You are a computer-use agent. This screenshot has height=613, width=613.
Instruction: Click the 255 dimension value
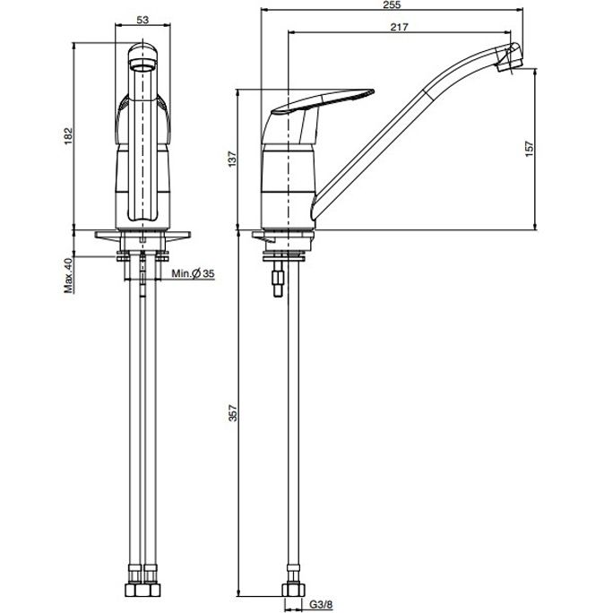pyautogui.click(x=392, y=4)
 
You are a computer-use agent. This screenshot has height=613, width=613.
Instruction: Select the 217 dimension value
pyautogui.click(x=399, y=27)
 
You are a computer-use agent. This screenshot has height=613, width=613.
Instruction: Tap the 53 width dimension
pyautogui.click(x=142, y=20)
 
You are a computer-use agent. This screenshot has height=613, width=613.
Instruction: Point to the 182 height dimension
pyautogui.click(x=69, y=135)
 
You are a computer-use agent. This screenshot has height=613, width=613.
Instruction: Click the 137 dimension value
pyautogui.click(x=233, y=160)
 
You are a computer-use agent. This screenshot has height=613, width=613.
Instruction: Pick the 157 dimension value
pyautogui.click(x=529, y=150)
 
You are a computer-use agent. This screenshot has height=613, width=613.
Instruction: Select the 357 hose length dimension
pyautogui.click(x=233, y=413)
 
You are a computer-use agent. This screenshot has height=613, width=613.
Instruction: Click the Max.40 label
pyautogui.click(x=69, y=275)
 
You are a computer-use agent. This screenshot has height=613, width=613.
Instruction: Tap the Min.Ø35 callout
pyautogui.click(x=193, y=273)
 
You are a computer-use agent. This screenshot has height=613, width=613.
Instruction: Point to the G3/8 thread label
pyautogui.click(x=322, y=605)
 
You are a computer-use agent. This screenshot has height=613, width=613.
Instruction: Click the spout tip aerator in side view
pyautogui.click(x=509, y=58)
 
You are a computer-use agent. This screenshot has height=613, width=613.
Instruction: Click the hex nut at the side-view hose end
pyautogui.click(x=293, y=590)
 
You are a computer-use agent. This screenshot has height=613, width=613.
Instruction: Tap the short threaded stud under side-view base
pyautogui.click(x=278, y=280)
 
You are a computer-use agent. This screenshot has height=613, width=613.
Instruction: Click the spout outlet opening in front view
pyautogui.click(x=142, y=65)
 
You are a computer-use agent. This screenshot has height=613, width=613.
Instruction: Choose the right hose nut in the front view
pyautogui.click(x=151, y=590)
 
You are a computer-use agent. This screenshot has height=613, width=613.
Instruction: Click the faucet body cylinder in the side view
pyautogui.click(x=288, y=186)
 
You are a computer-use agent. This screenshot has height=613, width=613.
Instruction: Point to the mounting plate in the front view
pyautogui.click(x=142, y=236)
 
